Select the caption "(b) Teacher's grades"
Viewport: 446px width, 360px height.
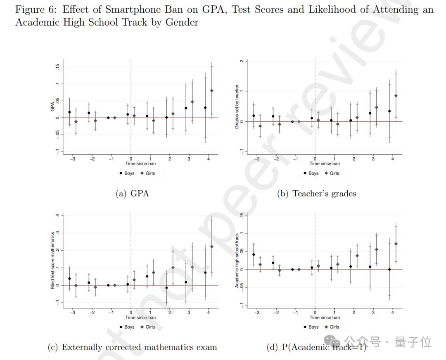point(316,193)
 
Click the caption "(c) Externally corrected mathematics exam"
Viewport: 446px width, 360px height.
point(133,347)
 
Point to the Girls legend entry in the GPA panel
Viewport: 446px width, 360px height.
point(148,173)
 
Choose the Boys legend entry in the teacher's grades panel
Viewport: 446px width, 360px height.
point(311,173)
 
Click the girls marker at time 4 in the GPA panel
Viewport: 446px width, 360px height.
point(212,91)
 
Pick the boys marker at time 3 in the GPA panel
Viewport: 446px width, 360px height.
point(186,108)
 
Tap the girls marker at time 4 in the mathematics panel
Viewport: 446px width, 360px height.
point(212,246)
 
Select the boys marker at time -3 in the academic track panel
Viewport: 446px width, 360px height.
point(254,255)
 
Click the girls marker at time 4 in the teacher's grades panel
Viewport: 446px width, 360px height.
point(396,96)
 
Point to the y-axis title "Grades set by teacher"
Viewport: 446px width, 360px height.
point(237,107)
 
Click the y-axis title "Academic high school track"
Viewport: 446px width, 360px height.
point(237,261)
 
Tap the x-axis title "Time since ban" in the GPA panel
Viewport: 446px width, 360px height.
point(140,163)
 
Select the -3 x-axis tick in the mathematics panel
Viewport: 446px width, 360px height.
point(73,313)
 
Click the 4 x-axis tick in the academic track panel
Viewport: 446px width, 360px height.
point(392,313)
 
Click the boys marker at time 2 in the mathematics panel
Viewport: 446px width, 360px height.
point(166,288)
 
